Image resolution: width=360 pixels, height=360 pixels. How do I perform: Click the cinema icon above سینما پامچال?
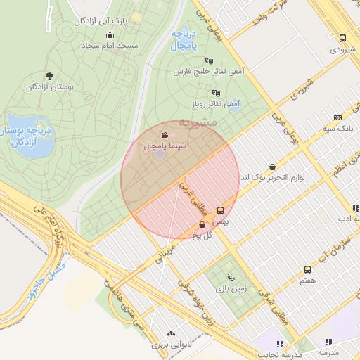pyautogui.click(x=165, y=135)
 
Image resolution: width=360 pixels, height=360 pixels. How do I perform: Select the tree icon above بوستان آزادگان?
pyautogui.click(x=49, y=75)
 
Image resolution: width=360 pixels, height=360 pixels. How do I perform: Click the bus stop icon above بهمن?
pyautogui.click(x=221, y=210)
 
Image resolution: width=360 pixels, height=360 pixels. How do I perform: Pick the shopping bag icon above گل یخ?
pyautogui.click(x=202, y=225)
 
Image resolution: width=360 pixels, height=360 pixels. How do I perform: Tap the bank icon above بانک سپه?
pyautogui.click(x=337, y=119)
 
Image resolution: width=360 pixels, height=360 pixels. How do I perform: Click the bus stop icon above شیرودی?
pyautogui.click(x=342, y=39)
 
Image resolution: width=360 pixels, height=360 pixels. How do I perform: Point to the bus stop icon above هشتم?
pyautogui.click(x=307, y=269)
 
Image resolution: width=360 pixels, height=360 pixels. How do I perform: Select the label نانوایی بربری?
pyautogui.click(x=170, y=346)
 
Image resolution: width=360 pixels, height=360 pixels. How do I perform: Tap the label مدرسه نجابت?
pyautogui.click(x=278, y=355)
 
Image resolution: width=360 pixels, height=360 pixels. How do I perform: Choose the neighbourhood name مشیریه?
pyautogui.click(x=198, y=122)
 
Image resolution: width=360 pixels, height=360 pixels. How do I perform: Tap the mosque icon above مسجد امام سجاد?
pyautogui.click(x=110, y=35)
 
